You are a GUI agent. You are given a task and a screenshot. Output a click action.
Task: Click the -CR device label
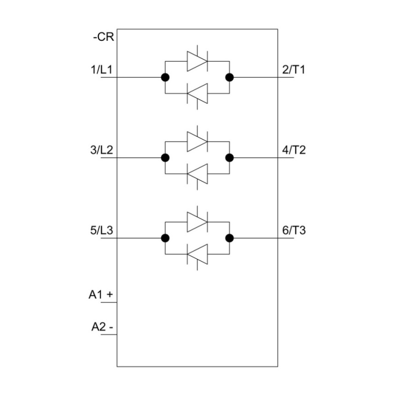(x=103, y=37)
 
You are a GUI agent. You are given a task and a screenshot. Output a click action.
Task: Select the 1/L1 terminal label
(x=102, y=70)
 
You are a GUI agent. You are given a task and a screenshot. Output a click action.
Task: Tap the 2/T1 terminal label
(x=294, y=70)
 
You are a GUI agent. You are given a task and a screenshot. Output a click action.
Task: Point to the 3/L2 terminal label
(x=102, y=150)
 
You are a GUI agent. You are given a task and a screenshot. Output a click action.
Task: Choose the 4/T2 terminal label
(x=294, y=150)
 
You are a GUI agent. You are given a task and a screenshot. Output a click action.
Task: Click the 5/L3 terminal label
(x=102, y=230)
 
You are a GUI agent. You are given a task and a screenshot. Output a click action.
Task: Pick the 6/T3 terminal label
(x=294, y=230)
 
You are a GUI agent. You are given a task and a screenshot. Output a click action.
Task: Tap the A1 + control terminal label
(x=101, y=295)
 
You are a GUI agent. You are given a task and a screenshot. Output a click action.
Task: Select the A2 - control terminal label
(x=102, y=327)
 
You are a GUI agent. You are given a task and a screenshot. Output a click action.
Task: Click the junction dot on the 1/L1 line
(x=165, y=77)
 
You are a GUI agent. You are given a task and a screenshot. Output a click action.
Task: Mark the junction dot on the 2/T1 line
(x=229, y=77)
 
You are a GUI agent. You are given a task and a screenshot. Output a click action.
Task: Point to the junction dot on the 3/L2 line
(x=165, y=158)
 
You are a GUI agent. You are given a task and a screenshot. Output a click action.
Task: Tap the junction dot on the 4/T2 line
(x=229, y=158)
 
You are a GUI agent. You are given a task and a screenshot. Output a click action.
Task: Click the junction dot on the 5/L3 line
(x=165, y=238)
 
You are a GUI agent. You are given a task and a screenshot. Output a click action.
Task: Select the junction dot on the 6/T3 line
(x=229, y=238)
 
